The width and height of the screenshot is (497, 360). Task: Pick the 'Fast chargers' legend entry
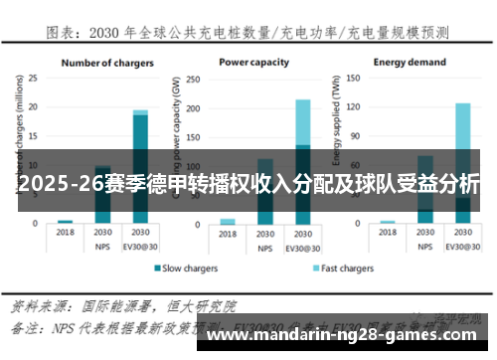[x=343, y=269]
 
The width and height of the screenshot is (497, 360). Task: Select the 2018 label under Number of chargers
[x=65, y=232]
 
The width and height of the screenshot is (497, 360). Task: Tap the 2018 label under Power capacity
[x=228, y=232]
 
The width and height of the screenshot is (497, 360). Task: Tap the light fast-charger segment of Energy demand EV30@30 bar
[x=462, y=139]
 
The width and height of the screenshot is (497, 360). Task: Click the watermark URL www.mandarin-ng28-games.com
[x=352, y=336]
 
